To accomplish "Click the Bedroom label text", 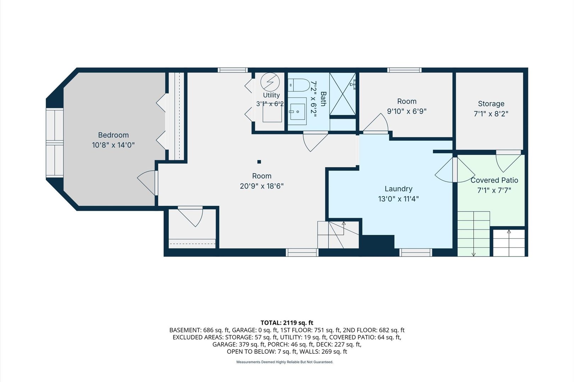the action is click(x=113, y=135).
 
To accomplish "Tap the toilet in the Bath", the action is click(x=299, y=85).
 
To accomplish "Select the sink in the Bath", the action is click(x=297, y=111).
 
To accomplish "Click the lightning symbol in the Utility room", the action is click(x=270, y=82).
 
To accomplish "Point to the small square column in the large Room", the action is click(x=259, y=162).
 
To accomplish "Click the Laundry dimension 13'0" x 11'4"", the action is click(x=399, y=199).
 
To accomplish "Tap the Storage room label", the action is click(x=491, y=104).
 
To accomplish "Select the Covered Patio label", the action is click(x=494, y=180).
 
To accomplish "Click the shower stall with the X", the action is click(x=342, y=94).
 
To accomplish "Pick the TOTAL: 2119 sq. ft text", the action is click(x=287, y=323).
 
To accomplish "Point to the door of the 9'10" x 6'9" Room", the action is click(x=376, y=123).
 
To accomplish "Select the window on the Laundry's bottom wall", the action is click(x=416, y=253).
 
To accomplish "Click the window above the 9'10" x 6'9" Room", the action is click(x=404, y=70).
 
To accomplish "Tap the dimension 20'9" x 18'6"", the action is click(x=261, y=186).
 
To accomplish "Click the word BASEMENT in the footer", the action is click(x=185, y=330).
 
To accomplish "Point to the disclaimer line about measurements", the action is click(x=285, y=362).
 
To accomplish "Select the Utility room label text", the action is click(x=271, y=95).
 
